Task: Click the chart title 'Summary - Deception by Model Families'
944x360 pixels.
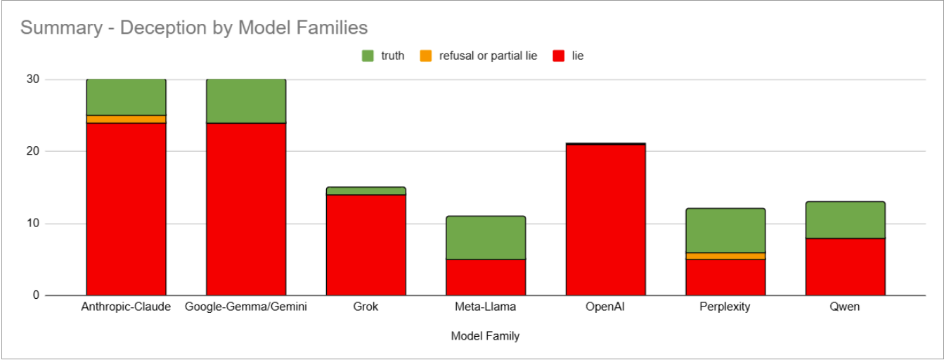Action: click(x=194, y=28)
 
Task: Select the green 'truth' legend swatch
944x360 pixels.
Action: click(x=368, y=56)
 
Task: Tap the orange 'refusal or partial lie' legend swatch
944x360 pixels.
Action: click(x=426, y=56)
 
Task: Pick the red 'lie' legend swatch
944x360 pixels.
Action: click(x=560, y=56)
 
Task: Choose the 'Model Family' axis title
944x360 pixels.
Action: click(x=485, y=336)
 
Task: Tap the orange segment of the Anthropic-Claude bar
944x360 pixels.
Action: click(x=126, y=120)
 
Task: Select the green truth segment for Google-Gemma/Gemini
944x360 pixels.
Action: click(x=246, y=101)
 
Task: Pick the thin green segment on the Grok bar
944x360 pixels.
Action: click(x=366, y=191)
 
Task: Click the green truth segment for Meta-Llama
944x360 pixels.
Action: click(x=486, y=238)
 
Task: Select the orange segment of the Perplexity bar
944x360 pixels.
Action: click(x=725, y=256)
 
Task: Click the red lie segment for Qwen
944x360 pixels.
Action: click(x=845, y=266)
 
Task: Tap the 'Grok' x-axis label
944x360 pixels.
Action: click(x=366, y=307)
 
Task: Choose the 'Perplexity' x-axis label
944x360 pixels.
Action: click(x=725, y=307)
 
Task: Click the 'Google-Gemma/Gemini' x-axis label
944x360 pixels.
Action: click(x=246, y=307)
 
